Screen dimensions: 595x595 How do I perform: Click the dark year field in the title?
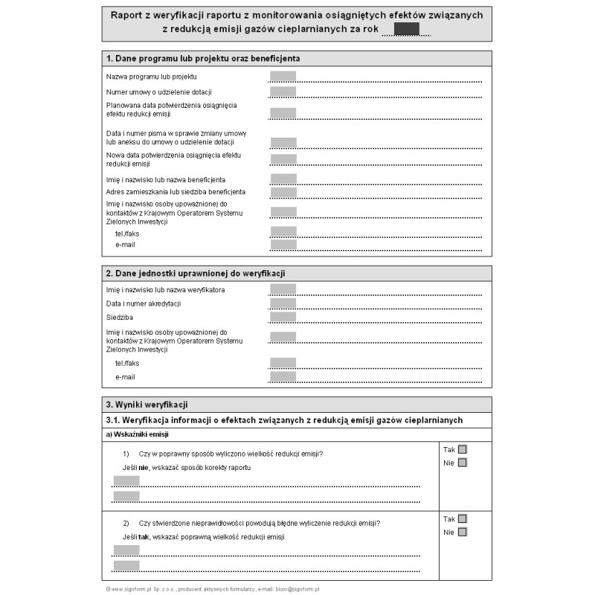(406, 29)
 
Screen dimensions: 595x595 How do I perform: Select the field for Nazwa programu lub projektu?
(283, 76)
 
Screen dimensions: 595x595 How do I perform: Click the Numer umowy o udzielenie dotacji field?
(283, 91)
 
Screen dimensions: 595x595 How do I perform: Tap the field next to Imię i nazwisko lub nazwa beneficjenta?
(283, 179)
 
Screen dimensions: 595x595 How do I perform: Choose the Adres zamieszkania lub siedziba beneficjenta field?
(283, 192)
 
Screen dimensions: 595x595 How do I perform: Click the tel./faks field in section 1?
(283, 232)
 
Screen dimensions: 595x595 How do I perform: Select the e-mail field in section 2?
(283, 376)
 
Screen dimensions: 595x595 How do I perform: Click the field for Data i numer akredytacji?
(283, 303)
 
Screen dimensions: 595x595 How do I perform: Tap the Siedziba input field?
(283, 317)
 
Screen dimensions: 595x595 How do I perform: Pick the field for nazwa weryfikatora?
(283, 289)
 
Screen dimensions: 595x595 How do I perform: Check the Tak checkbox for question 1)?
(463, 449)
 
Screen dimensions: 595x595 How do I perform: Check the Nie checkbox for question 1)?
(463, 463)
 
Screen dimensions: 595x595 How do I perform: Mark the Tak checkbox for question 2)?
(463, 519)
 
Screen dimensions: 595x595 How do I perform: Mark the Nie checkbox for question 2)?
(463, 532)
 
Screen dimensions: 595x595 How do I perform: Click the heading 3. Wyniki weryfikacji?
(147, 405)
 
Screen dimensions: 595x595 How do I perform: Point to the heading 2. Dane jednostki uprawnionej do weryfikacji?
(196, 274)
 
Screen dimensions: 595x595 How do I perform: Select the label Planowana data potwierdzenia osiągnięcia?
(171, 106)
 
